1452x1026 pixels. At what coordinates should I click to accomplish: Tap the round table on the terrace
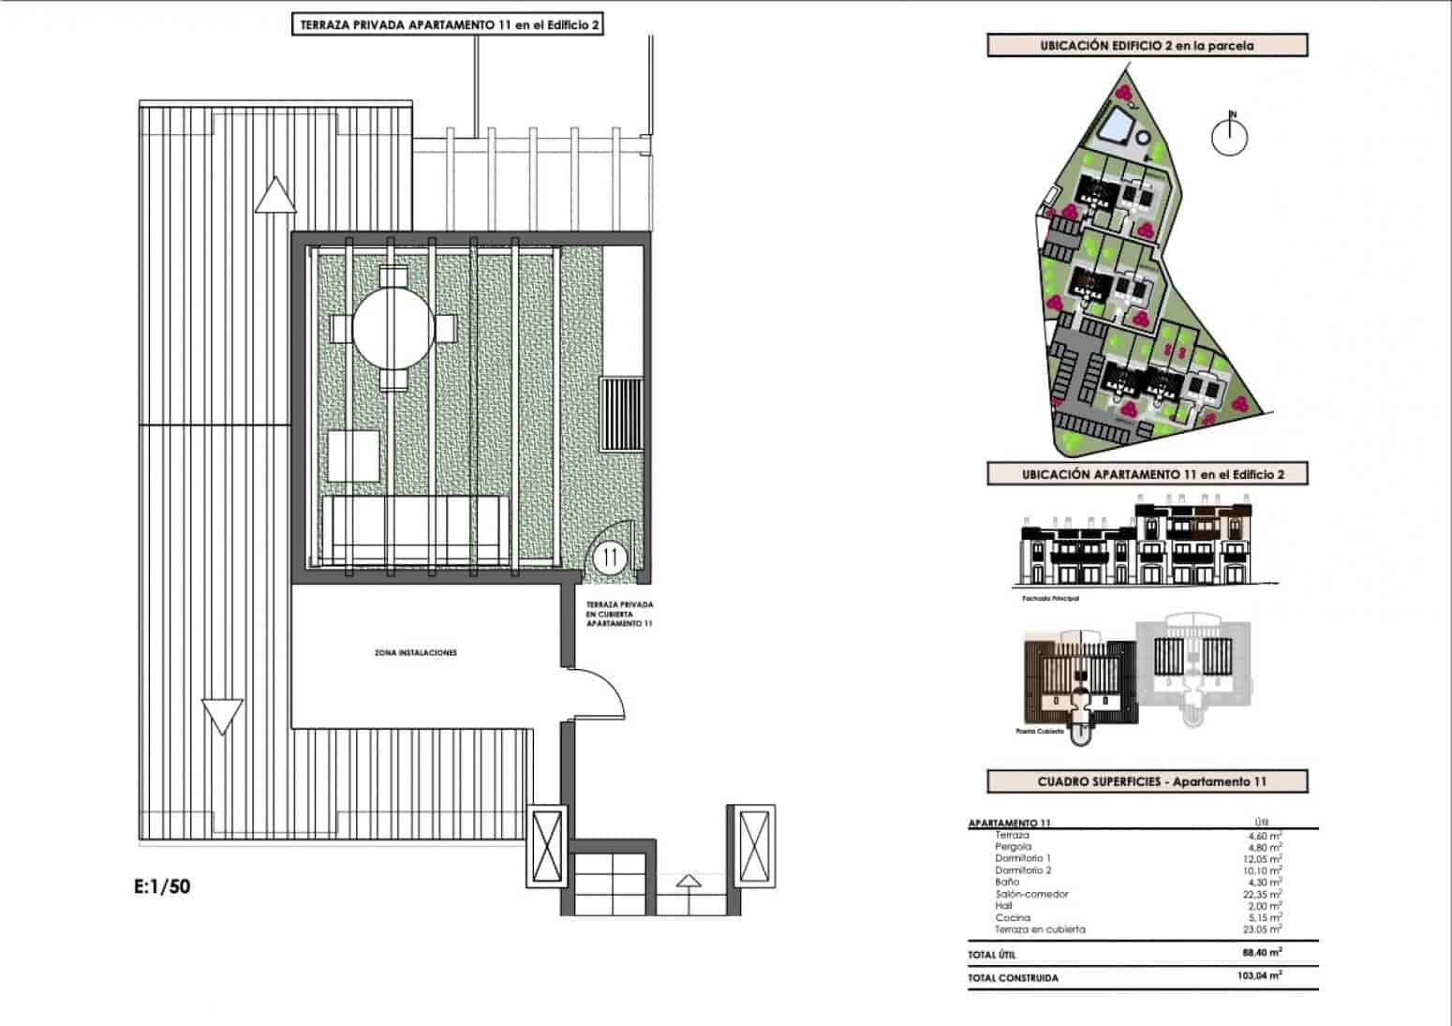(393, 329)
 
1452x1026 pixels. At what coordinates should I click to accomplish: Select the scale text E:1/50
(162, 885)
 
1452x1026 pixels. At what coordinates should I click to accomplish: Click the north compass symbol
(1230, 137)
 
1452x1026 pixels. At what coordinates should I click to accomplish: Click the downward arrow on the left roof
(223, 717)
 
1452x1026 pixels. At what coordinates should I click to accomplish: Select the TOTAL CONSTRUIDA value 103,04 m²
(1259, 975)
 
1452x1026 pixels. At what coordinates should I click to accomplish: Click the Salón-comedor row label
(1031, 894)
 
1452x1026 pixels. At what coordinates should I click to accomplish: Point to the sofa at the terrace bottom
(417, 529)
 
